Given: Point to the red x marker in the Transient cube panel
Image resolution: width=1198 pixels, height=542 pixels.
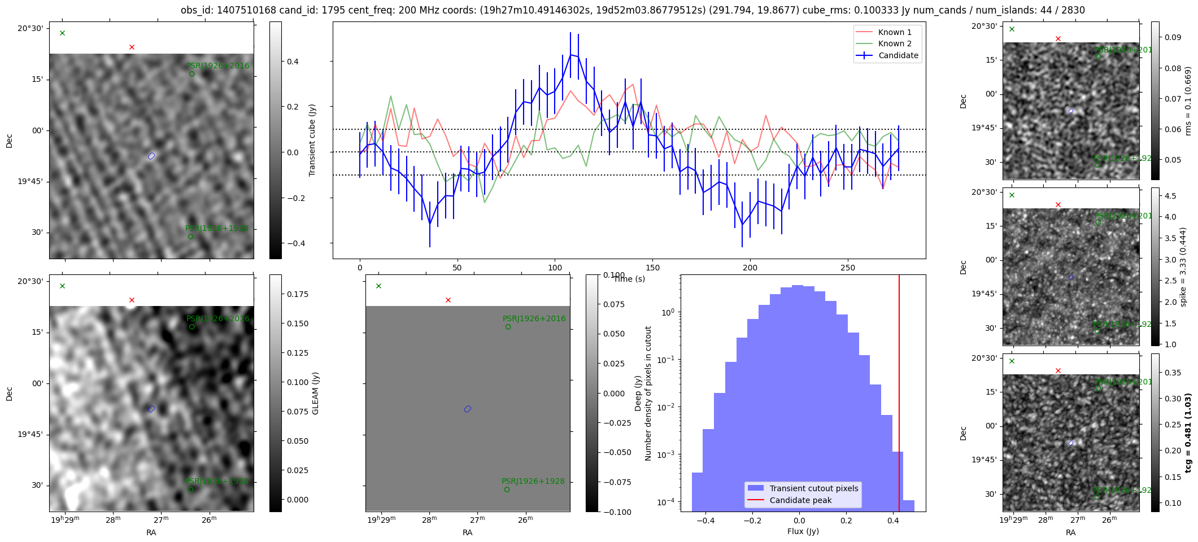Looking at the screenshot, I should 132,47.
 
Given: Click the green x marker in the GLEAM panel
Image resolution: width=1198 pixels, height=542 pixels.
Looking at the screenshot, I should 62,286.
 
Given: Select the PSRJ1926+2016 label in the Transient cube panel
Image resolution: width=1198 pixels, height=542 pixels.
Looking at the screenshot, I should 217,65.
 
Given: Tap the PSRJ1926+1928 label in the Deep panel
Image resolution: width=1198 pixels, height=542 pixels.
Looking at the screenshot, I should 533,482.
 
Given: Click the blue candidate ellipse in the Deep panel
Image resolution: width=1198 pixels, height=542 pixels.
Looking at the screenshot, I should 467,409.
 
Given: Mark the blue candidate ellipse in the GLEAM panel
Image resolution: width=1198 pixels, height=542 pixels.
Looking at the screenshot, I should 151,409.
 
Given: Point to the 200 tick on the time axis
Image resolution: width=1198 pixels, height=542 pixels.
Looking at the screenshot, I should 750,268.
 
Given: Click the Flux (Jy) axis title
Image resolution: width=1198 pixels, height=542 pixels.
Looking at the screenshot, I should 803,531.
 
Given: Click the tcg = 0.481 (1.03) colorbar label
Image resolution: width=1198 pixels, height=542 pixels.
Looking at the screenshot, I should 1188,432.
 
